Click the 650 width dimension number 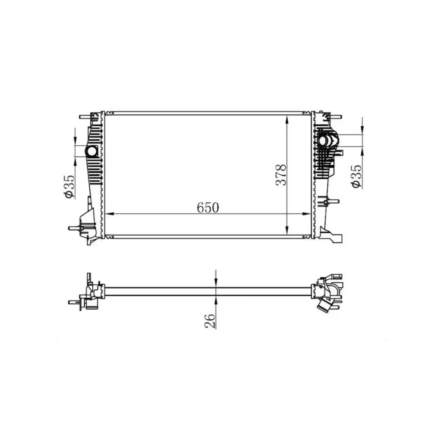[208, 208]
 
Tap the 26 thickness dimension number [209, 320]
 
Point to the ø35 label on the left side [69, 187]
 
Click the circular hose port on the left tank [91, 151]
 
